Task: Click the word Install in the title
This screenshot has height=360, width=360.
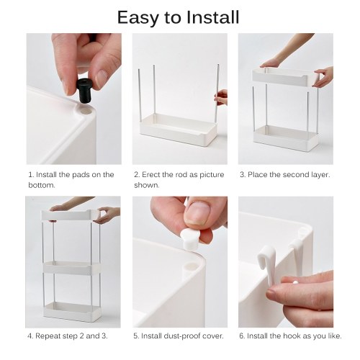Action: point(213,17)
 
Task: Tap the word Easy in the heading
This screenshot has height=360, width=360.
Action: point(138,18)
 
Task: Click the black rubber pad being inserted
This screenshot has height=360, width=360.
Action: point(84,90)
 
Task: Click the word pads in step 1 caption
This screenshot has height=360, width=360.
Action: point(81,174)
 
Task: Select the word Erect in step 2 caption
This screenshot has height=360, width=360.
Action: point(151,174)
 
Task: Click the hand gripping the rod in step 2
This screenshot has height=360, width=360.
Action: point(221,97)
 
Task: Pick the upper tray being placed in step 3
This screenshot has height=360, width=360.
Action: point(285,77)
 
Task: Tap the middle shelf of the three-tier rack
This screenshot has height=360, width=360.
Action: point(72,268)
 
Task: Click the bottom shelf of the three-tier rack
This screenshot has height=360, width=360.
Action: point(72,311)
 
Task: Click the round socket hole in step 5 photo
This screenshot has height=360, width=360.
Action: point(192,266)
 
